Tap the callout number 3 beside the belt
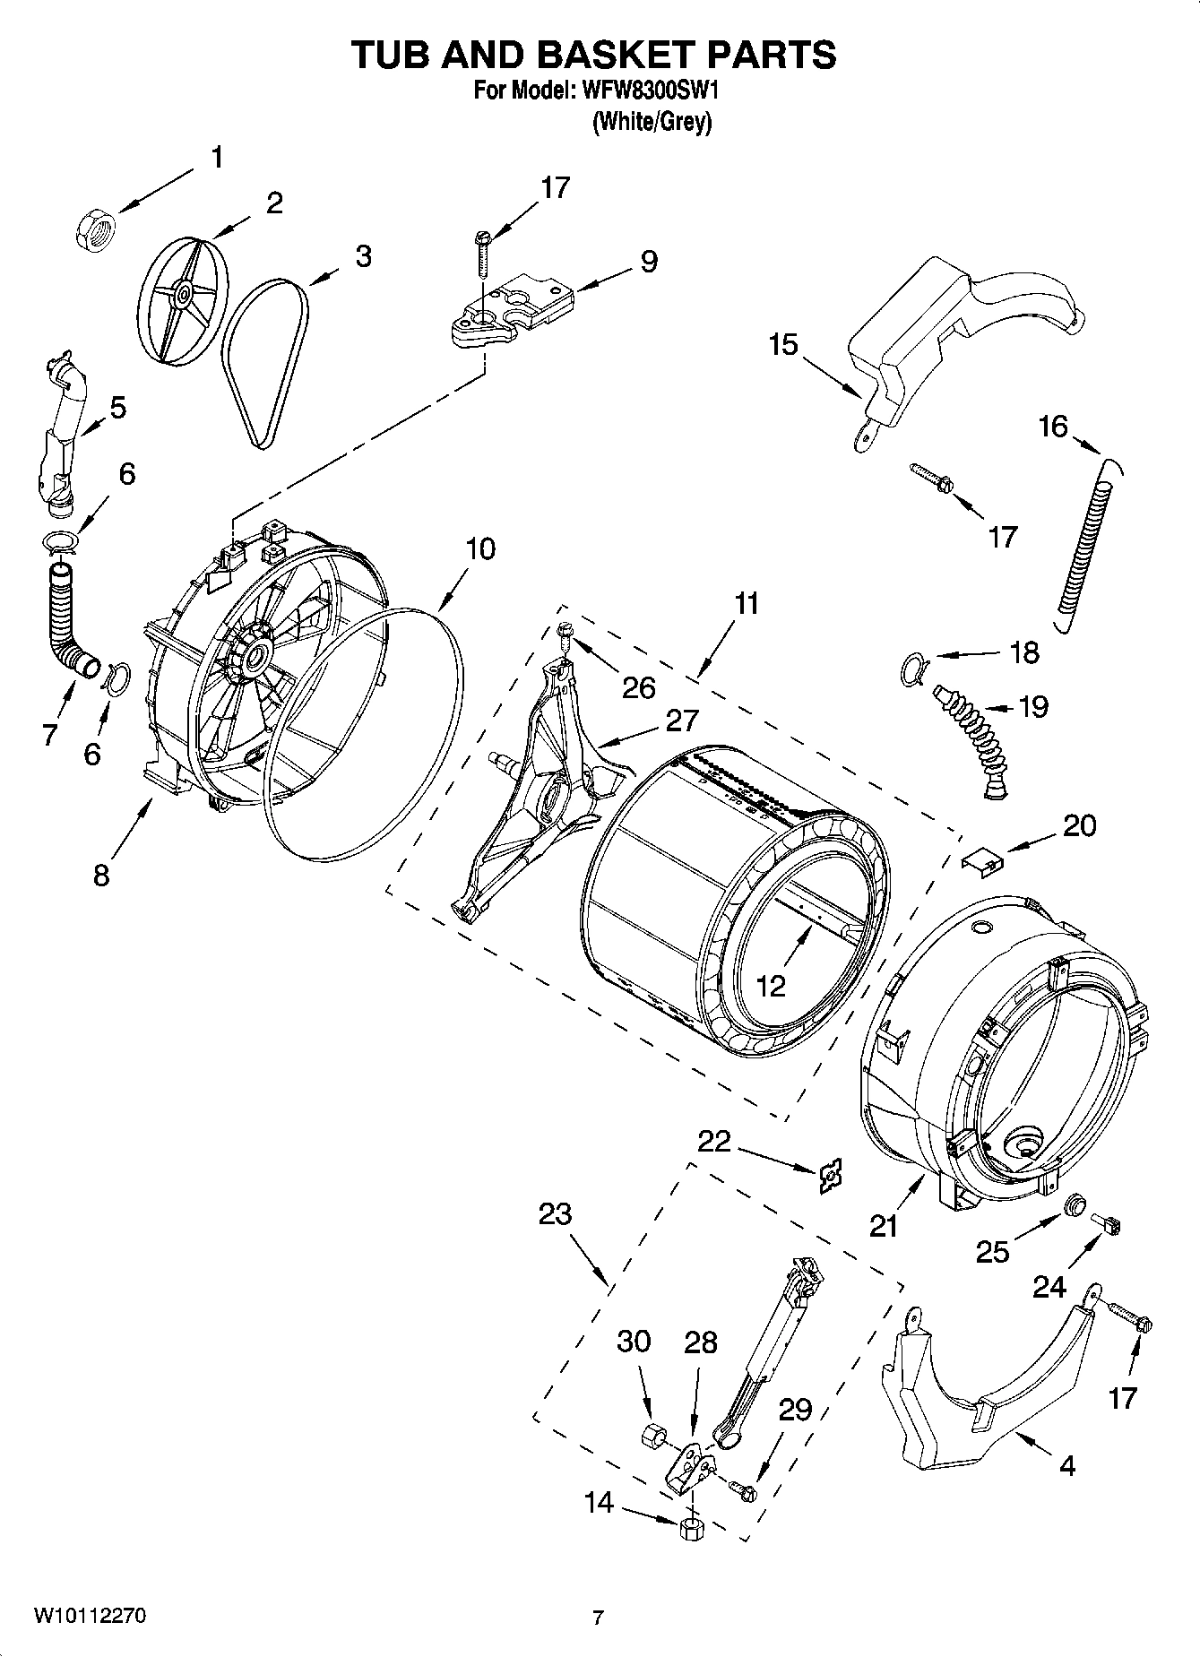point(362,256)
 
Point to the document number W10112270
point(90,1616)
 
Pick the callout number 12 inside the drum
point(770,986)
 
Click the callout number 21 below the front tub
point(884,1225)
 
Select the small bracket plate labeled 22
point(830,1176)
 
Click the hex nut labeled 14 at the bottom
point(689,1528)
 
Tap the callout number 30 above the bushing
point(634,1342)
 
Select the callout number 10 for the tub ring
point(480,548)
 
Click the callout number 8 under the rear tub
point(101,874)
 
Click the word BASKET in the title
point(616,55)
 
